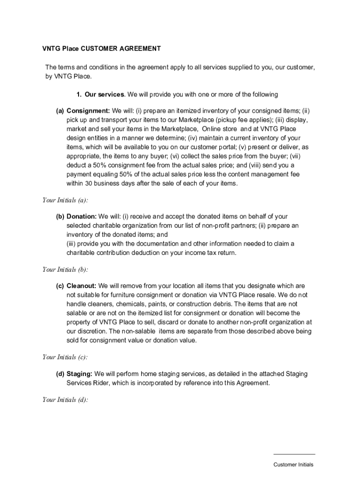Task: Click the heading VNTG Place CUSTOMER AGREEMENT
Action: click(101, 49)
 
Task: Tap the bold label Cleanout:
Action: click(81, 286)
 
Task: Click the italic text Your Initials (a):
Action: click(65, 200)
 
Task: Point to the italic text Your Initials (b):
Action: click(65, 269)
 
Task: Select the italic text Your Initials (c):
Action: click(65, 357)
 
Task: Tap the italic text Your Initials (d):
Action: click(65, 400)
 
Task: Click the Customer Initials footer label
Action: click(294, 464)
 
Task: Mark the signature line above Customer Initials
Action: click(294, 454)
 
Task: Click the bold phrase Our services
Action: click(104, 94)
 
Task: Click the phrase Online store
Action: click(220, 129)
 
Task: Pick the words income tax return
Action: click(215, 253)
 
